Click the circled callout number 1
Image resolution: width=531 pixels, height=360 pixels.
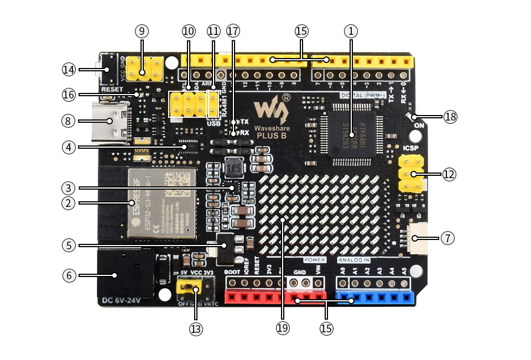point(351,31)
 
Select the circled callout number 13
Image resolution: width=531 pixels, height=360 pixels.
point(196,329)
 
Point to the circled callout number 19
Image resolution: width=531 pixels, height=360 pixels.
point(283,327)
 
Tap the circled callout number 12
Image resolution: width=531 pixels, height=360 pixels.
point(449,175)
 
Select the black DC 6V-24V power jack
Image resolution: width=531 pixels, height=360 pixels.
point(124,274)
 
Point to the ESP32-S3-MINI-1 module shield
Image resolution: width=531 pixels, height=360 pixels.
point(162,202)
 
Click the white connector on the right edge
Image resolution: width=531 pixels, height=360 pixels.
point(419,238)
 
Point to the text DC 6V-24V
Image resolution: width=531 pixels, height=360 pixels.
point(121,301)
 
